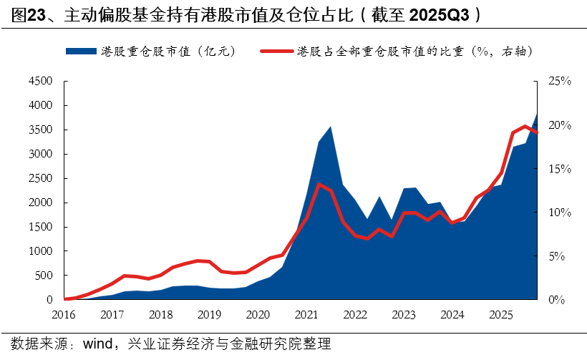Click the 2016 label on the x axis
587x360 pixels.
pos(64,314)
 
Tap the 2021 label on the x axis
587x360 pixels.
pos(306,314)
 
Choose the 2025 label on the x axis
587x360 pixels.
pos(500,314)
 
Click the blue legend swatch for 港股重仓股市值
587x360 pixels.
pos(80,51)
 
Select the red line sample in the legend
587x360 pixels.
pos(276,51)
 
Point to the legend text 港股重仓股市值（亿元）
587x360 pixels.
pos(168,51)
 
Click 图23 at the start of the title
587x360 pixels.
pos(26,15)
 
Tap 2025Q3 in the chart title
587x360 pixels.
pos(447,15)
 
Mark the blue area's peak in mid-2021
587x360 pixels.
pos(330,127)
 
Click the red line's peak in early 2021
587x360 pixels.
pos(318,185)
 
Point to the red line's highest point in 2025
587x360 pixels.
pos(525,127)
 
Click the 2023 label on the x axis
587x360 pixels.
pos(404,314)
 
